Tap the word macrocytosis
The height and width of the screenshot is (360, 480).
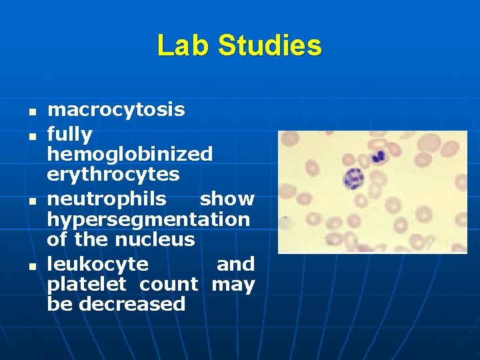click(116, 109)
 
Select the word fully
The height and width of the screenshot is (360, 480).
click(69, 135)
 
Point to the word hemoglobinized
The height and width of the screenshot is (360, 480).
click(130, 154)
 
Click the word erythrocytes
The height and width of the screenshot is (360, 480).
click(113, 174)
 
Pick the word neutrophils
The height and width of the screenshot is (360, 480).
click(107, 199)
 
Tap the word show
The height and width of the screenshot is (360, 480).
click(227, 199)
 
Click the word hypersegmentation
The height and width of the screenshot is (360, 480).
click(149, 219)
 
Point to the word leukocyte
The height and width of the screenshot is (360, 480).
click(97, 264)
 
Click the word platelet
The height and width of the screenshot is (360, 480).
click(89, 285)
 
